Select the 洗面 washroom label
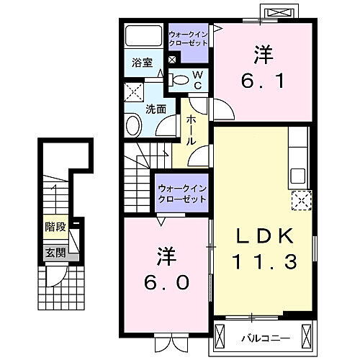(156, 109)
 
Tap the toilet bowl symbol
(181, 80)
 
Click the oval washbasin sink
(134, 127)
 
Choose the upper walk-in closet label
(189, 38)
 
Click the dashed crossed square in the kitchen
(300, 199)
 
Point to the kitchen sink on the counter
(297, 175)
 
